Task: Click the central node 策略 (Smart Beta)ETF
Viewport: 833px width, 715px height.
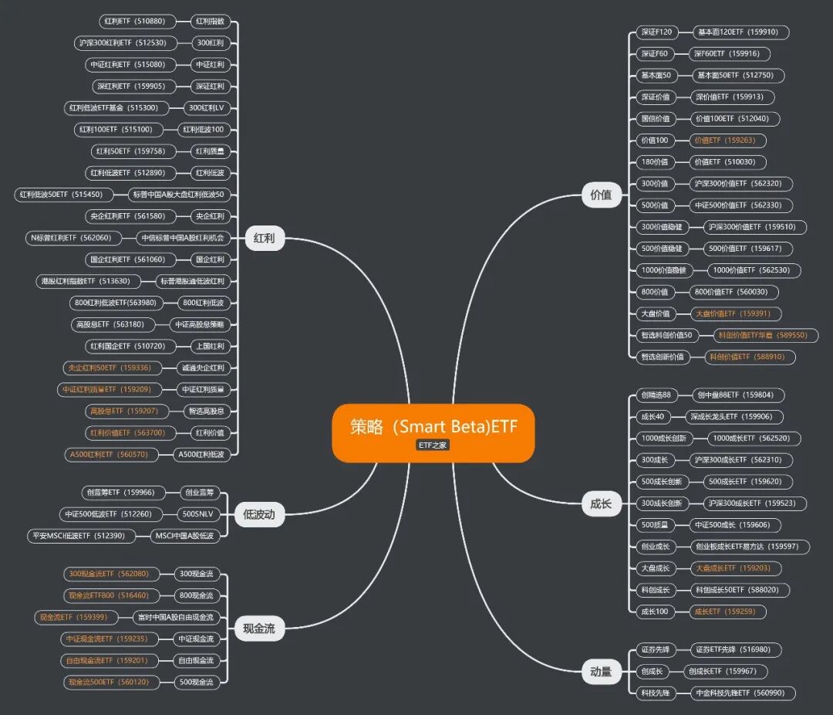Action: [433, 428]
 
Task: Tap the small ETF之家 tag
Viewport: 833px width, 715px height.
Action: [433, 446]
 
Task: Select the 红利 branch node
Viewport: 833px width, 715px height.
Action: [264, 239]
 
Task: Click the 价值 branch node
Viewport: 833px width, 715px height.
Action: [601, 195]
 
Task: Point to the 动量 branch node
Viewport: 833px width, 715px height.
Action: [601, 673]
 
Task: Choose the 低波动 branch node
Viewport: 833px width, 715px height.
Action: [259, 514]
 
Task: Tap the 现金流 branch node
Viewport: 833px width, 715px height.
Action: [259, 629]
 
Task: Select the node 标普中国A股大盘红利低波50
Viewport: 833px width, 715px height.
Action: [179, 195]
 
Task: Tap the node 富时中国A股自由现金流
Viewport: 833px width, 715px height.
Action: [174, 617]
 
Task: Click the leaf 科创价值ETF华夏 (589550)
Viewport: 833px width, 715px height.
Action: [762, 336]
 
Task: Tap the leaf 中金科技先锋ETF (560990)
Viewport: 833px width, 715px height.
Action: [739, 693]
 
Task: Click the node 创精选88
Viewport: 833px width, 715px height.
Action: [656, 395]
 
